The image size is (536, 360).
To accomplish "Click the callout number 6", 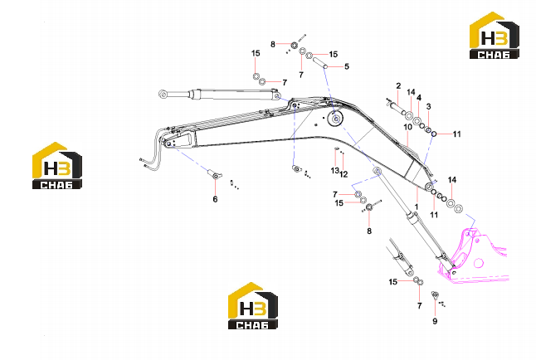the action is pyautogui.click(x=215, y=199).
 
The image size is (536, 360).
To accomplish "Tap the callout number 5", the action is pyautogui.click(x=347, y=66).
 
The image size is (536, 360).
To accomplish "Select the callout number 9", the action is pyautogui.click(x=435, y=321).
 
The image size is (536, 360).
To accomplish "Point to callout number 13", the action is pyautogui.click(x=334, y=170).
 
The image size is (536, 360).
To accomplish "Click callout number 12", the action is pyautogui.click(x=344, y=174).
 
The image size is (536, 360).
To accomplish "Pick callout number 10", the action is pyautogui.click(x=408, y=127).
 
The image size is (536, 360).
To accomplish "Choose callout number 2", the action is pyautogui.click(x=398, y=85).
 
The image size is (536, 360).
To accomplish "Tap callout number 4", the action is pyautogui.click(x=419, y=98).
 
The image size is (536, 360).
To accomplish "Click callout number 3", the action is pyautogui.click(x=429, y=107).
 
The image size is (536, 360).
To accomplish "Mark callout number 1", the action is pyautogui.click(x=416, y=207).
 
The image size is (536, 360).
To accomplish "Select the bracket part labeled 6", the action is pyautogui.click(x=215, y=174).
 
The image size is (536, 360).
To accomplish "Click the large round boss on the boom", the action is pyautogui.click(x=334, y=119).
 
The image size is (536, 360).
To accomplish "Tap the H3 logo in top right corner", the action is pyautogui.click(x=495, y=35).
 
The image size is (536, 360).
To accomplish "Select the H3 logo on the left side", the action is pyautogui.click(x=57, y=165).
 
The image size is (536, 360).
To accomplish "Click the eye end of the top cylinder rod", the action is pyautogui.click(x=163, y=94).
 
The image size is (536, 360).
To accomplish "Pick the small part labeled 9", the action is pyautogui.click(x=435, y=295).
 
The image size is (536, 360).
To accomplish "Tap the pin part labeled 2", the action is pyautogui.click(x=396, y=109).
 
